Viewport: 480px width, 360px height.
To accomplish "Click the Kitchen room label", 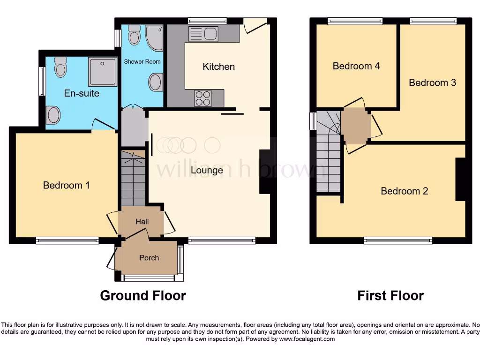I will tap(218, 67).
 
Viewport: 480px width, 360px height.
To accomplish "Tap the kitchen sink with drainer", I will tap(203, 33).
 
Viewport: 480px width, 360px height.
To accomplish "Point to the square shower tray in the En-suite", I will tap(102, 72).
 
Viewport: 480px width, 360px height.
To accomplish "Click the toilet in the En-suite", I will tap(60, 67).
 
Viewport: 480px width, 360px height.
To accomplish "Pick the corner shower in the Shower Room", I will tap(153, 37).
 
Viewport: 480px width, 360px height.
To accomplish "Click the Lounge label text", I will tap(207, 170).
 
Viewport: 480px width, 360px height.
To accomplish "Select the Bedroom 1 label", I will tap(66, 185).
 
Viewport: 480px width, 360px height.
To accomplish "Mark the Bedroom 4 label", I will tap(356, 66).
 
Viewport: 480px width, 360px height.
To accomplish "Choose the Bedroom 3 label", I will tap(432, 82).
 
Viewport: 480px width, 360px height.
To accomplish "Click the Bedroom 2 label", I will tap(404, 191).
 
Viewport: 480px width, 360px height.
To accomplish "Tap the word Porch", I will tap(149, 258).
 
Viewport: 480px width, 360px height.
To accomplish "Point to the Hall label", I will tap(142, 221).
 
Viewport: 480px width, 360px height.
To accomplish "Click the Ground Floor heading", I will tap(143, 296).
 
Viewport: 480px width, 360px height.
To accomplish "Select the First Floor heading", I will tap(390, 296).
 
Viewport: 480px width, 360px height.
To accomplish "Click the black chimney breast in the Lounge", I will tap(265, 172).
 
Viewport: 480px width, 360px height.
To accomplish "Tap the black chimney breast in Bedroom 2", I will tap(460, 180).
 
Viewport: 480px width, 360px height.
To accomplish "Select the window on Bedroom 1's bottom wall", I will tap(67, 241).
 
